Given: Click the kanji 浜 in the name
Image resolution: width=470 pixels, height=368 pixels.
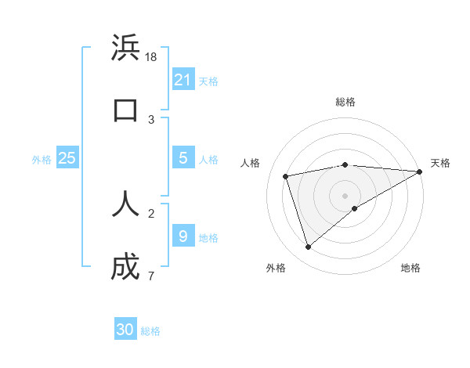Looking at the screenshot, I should pyautogui.click(x=125, y=49).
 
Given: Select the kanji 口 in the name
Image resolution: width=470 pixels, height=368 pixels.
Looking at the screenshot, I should pyautogui.click(x=125, y=110).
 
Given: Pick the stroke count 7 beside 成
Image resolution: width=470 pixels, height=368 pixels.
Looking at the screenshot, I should pyautogui.click(x=150, y=276).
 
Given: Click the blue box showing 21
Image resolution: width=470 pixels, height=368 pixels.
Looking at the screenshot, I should pyautogui.click(x=183, y=79).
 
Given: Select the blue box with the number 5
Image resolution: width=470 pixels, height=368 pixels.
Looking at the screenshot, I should pyautogui.click(x=183, y=158).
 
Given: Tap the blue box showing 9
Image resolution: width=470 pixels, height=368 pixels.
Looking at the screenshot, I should pyautogui.click(x=183, y=236).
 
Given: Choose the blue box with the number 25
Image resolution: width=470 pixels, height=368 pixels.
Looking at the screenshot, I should pyautogui.click(x=67, y=158).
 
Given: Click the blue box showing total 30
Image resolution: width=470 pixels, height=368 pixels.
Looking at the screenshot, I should pyautogui.click(x=125, y=330).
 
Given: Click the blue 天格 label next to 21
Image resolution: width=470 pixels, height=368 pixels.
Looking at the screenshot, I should pyautogui.click(x=208, y=81).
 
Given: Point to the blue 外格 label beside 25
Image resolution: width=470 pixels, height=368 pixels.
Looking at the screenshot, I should pyautogui.click(x=42, y=160).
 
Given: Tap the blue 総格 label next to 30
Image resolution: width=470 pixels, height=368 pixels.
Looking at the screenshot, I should pyautogui.click(x=150, y=331).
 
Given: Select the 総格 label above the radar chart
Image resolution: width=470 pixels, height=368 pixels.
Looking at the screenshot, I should pyautogui.click(x=345, y=102).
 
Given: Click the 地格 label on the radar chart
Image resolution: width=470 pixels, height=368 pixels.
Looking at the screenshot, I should pyautogui.click(x=410, y=269).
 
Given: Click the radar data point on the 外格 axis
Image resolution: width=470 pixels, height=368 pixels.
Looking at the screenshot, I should pyautogui.click(x=308, y=247).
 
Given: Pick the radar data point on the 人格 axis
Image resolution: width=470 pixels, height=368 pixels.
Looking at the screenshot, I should pyautogui.click(x=286, y=175).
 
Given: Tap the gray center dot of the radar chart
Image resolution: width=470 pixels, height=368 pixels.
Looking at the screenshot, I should pyautogui.click(x=345, y=195).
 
